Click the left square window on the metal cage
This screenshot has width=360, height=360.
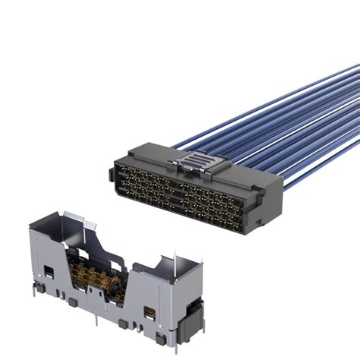(48, 271)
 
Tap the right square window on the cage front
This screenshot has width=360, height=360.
(149, 312)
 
